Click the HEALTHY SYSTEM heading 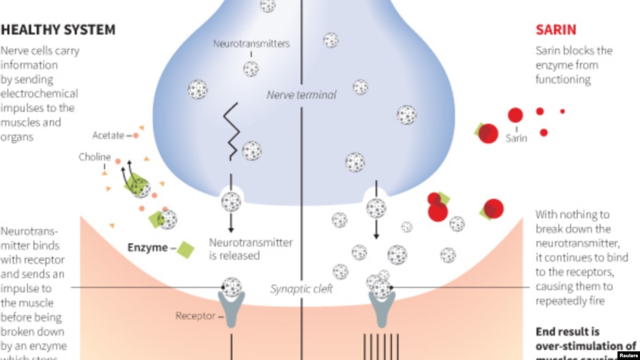coord(58,30)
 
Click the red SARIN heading coord(556,29)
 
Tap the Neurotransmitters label coord(251,44)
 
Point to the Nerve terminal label coord(301,95)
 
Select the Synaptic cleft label coord(301,289)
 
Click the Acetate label coord(108,135)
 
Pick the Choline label coord(95,157)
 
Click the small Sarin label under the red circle coord(516,138)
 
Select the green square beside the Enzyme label coord(185,249)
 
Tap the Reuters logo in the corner coord(629,355)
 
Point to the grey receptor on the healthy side coord(232,309)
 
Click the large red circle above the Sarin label coord(515,115)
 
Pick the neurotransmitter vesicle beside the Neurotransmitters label coord(251,69)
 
